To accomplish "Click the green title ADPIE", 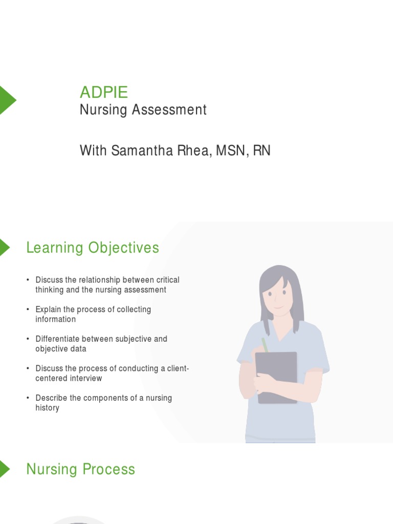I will [x=104, y=93].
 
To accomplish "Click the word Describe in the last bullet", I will [x=50, y=398].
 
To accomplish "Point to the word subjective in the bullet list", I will [x=134, y=339].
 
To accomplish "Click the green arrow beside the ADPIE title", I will [x=7, y=100].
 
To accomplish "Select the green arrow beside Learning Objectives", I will [x=4, y=247].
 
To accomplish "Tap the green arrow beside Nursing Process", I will [x=4, y=469].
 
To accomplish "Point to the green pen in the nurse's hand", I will [x=265, y=344].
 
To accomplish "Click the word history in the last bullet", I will [x=47, y=408].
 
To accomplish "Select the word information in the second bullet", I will [x=55, y=319].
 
